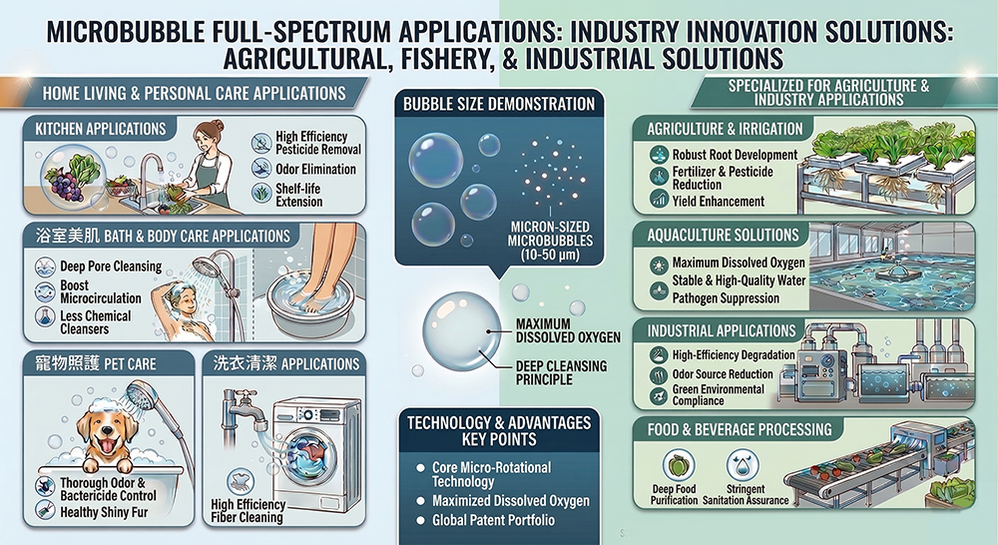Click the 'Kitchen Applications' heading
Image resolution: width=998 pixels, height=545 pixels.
[x=101, y=129]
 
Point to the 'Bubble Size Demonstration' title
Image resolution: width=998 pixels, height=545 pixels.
[x=499, y=104]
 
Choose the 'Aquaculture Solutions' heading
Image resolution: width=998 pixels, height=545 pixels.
[x=723, y=235]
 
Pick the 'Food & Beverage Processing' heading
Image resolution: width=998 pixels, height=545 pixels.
[x=739, y=429]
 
